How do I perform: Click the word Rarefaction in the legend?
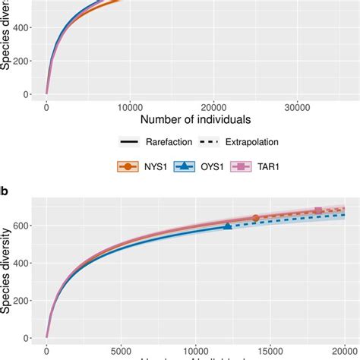tap(167, 142)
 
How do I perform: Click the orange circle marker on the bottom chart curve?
tap(255, 218)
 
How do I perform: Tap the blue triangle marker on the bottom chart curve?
tap(228, 226)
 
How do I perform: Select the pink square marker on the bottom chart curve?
tap(318, 210)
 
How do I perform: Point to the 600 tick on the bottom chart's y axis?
tap(27, 226)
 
